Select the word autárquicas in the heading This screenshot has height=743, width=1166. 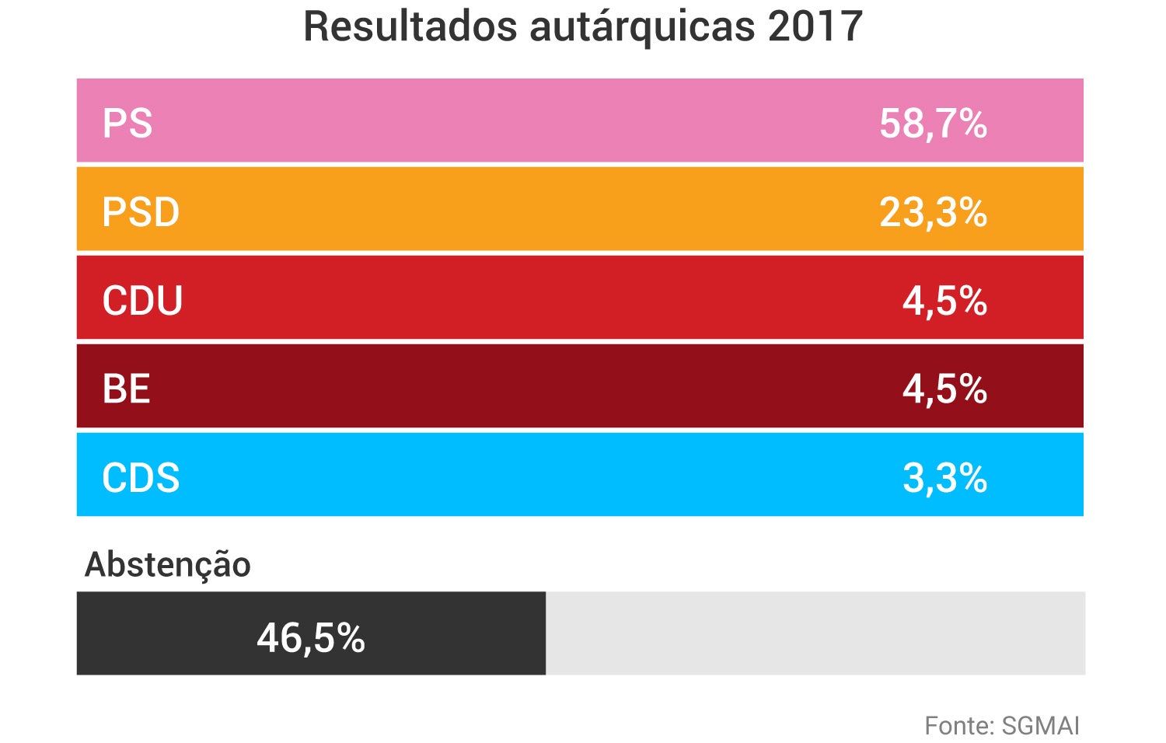pos(642,28)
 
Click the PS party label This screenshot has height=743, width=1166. pos(127,124)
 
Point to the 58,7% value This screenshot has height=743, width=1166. pos(933,124)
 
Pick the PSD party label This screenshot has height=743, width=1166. pos(141,212)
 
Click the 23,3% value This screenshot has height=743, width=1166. pos(933,212)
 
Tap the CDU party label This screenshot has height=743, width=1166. pos(142,301)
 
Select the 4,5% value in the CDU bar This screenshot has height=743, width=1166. pos(944,301)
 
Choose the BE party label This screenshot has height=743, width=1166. pos(126,389)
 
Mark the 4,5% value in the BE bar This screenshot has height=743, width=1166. pos(944,389)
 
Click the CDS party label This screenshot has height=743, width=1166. pos(141,477)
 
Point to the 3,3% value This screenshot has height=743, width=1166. pos(944,477)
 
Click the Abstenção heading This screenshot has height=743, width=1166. pos(168,565)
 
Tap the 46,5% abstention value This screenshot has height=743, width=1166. pos(311,637)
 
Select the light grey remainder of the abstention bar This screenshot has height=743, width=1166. pos(815,633)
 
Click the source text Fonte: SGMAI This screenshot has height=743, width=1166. pos(1001,725)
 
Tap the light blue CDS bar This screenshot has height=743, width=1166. pos(544,475)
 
